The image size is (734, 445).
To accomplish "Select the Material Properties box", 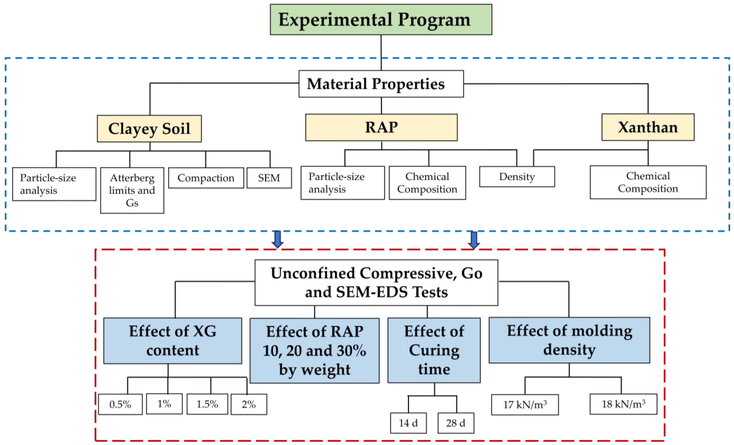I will pos(381,84).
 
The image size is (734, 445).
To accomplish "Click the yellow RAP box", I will pos(381,127).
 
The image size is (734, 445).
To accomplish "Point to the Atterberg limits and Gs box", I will pos(132,190).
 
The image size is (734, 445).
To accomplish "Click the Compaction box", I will pos(206,178).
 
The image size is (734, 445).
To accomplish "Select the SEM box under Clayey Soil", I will pos(269,178).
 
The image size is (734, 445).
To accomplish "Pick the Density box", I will pos(517,177).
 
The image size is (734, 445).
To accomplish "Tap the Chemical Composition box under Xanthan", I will pos(648,182).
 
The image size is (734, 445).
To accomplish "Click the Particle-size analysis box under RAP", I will pos(342,183).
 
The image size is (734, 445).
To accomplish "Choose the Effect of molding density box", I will pos(569,340).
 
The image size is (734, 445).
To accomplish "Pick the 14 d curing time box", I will pos(408,423).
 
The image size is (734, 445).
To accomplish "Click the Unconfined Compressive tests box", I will pos(376,282).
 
